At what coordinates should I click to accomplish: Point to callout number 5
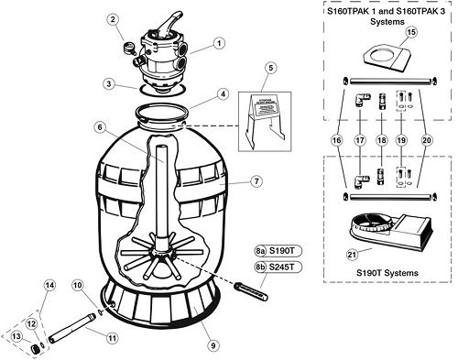click(270, 68)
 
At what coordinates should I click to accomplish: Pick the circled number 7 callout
click(256, 182)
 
